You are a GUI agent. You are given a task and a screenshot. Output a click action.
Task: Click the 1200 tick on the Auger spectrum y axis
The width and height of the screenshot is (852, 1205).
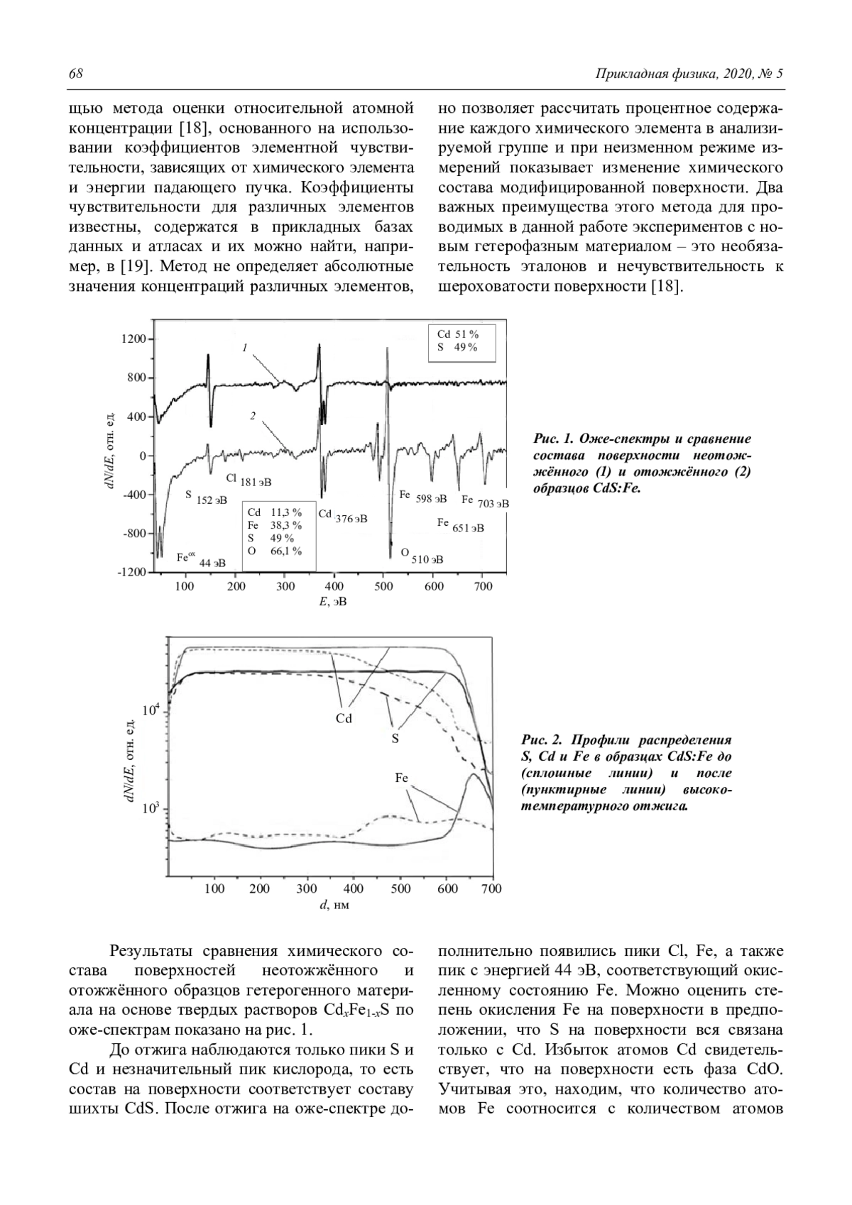[133, 339]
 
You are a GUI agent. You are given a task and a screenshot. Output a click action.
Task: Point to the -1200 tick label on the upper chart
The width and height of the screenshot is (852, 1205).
[130, 572]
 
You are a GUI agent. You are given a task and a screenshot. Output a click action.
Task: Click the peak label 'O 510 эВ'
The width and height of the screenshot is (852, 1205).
[422, 556]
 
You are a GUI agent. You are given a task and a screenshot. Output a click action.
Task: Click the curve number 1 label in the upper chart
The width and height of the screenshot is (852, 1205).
[244, 348]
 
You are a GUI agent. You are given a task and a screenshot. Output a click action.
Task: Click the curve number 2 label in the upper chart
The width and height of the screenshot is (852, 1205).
[252, 416]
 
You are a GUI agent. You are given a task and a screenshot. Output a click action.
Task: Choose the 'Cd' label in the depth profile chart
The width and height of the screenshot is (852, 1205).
[344, 718]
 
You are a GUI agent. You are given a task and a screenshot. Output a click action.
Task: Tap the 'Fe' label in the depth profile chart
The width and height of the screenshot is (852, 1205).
[401, 778]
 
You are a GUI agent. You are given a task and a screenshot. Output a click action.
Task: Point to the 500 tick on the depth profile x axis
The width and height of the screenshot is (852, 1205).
[400, 888]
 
